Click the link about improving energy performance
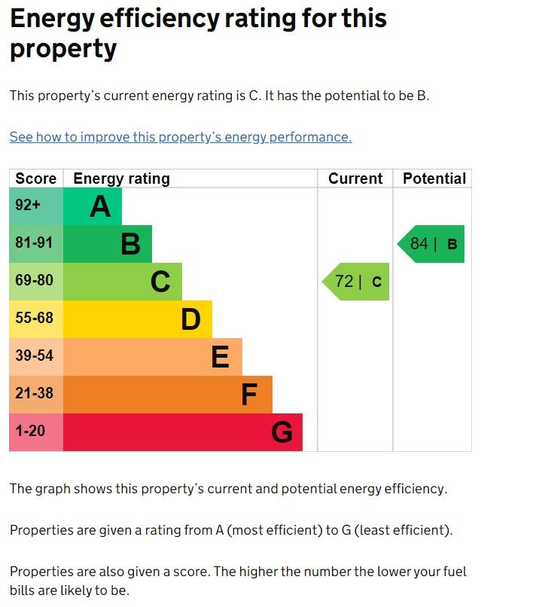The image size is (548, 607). (181, 137)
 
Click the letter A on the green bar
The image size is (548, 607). (100, 206)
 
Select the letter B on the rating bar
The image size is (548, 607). (130, 244)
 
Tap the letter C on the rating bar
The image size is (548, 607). (160, 282)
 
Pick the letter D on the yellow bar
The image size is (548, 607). (190, 319)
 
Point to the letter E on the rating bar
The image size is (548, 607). (220, 357)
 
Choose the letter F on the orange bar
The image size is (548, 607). (249, 395)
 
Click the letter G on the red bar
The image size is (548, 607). (282, 432)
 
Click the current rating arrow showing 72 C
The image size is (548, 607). (357, 282)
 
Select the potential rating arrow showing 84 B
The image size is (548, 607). (432, 244)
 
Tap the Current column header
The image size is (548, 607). (355, 178)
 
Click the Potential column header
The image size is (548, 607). (434, 178)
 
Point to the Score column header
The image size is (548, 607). (36, 178)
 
